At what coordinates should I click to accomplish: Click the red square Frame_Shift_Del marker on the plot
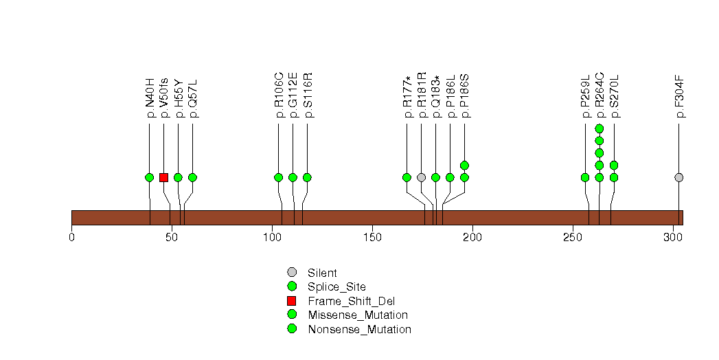click(163, 177)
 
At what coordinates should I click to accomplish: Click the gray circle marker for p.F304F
click(679, 177)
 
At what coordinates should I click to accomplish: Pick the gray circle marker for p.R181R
click(422, 177)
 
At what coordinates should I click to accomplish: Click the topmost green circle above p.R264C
click(600, 128)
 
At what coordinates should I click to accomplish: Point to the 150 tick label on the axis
click(372, 237)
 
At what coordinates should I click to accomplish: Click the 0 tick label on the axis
click(71, 237)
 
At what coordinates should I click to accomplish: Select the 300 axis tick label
click(673, 237)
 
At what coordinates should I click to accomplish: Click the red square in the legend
click(292, 301)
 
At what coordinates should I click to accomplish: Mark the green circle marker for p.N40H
click(150, 177)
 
